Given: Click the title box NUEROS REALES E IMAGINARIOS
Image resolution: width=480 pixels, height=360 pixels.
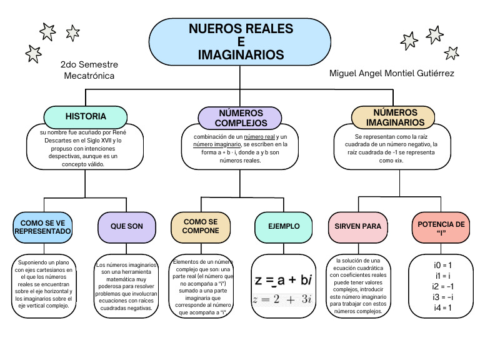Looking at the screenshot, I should pos(241,42).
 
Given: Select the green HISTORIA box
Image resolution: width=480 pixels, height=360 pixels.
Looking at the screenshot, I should pos(86,116).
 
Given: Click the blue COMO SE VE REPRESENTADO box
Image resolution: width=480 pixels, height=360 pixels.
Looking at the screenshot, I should pos(43,227).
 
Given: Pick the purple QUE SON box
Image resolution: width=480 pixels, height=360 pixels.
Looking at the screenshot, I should pos(127,226).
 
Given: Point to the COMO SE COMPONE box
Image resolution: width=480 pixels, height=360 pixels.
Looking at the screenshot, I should pos(201,226).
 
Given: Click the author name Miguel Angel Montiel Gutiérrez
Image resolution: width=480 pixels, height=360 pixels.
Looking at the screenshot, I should pos(391,74).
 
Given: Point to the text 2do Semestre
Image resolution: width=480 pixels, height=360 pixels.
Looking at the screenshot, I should pos(89,64).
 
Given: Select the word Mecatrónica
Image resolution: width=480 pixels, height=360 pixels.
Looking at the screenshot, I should pos(89,76).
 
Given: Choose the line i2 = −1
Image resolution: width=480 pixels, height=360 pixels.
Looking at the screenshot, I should pos(442,286).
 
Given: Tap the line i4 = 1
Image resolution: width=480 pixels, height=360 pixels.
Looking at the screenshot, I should pos(442,307).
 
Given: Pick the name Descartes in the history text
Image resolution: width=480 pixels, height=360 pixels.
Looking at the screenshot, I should pos(56,141).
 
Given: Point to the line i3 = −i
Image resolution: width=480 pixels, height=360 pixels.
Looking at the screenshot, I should pos(442,297).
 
